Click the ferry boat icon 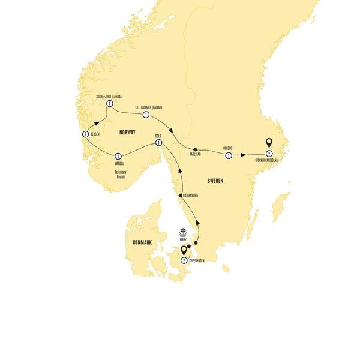point(185,232)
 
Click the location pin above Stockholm point(269,143)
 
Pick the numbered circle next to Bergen point(86,134)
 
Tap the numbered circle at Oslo point(158,143)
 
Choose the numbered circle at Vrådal point(119,155)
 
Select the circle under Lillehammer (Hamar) point(145,114)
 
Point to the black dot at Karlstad point(195,149)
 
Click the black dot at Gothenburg point(181,196)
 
